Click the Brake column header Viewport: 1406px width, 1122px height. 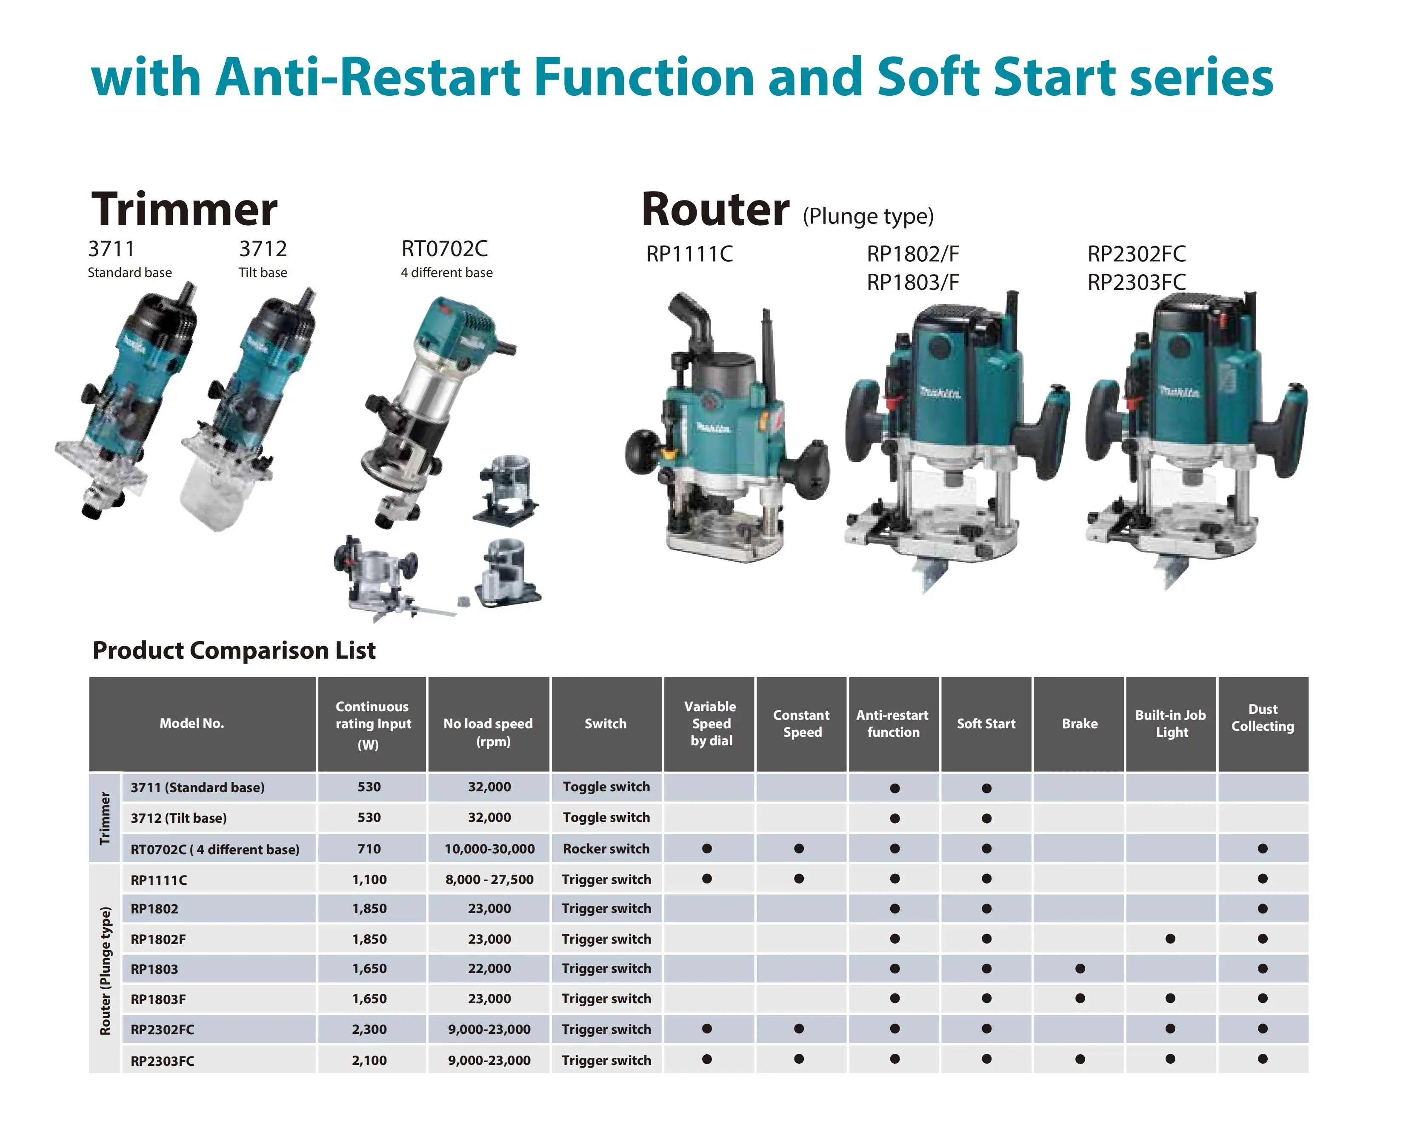click(x=1079, y=724)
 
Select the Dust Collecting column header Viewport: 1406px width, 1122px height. click(x=1263, y=718)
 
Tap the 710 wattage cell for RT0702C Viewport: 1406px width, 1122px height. click(x=369, y=849)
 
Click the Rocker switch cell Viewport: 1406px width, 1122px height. click(x=606, y=849)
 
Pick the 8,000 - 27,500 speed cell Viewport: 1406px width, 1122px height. click(x=489, y=879)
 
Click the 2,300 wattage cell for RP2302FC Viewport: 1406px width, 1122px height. click(x=369, y=1029)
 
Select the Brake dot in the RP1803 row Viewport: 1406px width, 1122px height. click(x=1080, y=969)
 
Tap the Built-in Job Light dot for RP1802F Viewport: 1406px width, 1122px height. click(x=1171, y=939)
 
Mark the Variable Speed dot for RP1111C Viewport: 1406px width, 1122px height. click(x=707, y=879)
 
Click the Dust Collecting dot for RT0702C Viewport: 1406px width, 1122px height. click(x=1263, y=849)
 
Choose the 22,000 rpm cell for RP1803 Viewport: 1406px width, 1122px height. click(x=489, y=969)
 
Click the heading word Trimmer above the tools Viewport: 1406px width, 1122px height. click(x=185, y=209)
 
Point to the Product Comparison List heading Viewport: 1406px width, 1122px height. click(x=234, y=650)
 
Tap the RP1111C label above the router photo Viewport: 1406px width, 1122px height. click(x=689, y=254)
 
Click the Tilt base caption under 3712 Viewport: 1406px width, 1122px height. click(x=263, y=273)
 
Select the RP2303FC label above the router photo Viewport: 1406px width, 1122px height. click(x=1136, y=283)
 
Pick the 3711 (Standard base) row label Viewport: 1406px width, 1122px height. click(x=197, y=787)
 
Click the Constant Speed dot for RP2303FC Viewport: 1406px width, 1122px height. click(x=799, y=1059)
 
